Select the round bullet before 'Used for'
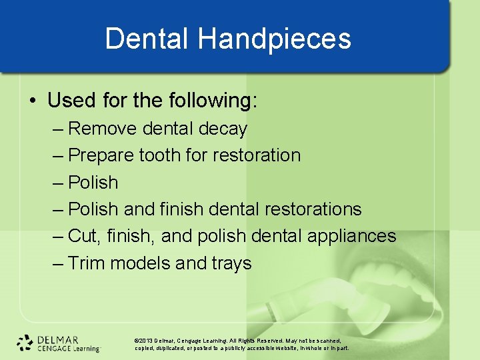(x=33, y=101)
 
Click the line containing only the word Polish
(x=93, y=183)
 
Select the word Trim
(x=87, y=263)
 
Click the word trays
(x=232, y=263)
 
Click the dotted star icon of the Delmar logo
(x=25, y=342)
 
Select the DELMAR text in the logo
(x=58, y=338)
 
